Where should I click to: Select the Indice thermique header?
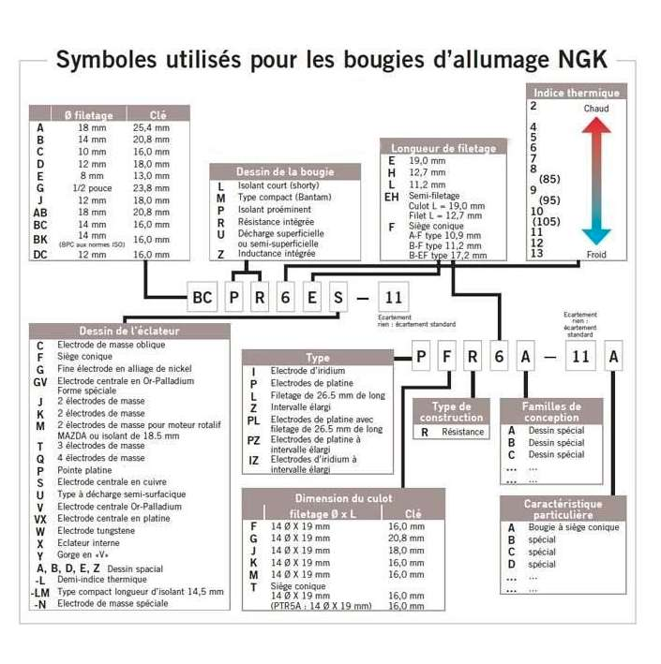click(x=577, y=93)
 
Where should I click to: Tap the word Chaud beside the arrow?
click(x=595, y=110)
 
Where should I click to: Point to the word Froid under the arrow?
click(x=596, y=253)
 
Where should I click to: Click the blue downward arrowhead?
click(x=596, y=235)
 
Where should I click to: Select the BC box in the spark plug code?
click(x=202, y=297)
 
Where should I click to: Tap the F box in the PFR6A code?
click(x=447, y=357)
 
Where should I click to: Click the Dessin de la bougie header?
click(x=285, y=171)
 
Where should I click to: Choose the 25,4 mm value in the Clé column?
click(x=151, y=127)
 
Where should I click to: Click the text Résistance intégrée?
click(x=276, y=223)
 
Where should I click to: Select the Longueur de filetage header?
click(x=443, y=148)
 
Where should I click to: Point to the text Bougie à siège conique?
click(x=574, y=528)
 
